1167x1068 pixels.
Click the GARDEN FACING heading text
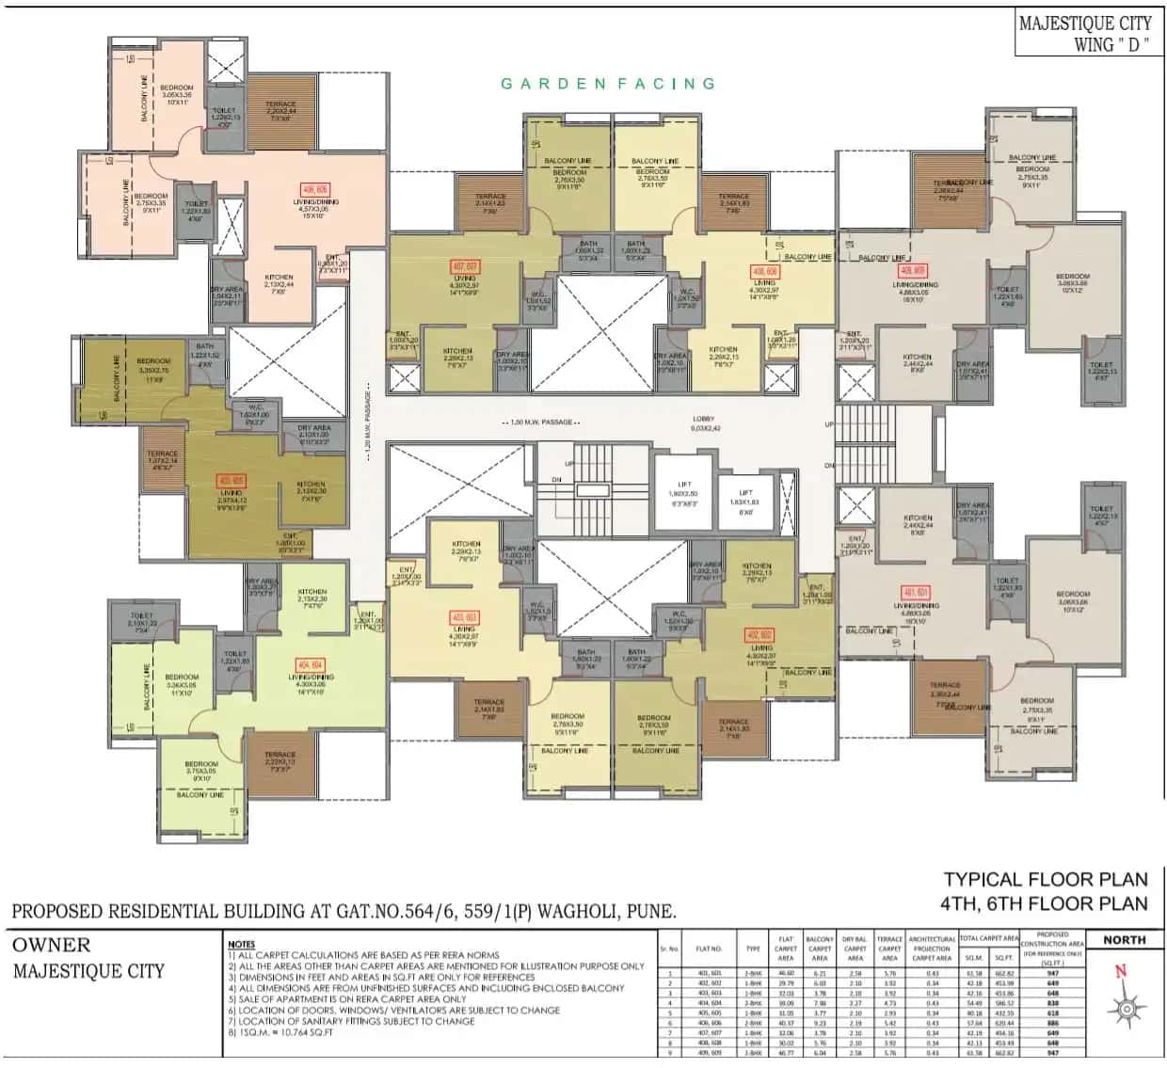click(608, 84)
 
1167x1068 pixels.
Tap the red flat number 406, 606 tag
click(314, 189)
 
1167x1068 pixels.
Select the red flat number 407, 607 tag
click(465, 267)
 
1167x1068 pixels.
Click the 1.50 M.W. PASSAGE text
click(540, 422)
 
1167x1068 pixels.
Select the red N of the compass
click(1119, 972)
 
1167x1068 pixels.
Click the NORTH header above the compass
click(1125, 940)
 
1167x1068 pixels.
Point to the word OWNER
click(52, 946)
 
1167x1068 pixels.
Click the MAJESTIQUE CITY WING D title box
click(1085, 34)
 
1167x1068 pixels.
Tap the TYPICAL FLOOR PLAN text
click(1046, 880)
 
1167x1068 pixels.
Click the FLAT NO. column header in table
click(709, 949)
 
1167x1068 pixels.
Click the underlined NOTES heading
click(241, 944)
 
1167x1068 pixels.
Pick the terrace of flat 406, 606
click(280, 113)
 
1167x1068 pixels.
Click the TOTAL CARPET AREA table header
click(988, 938)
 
